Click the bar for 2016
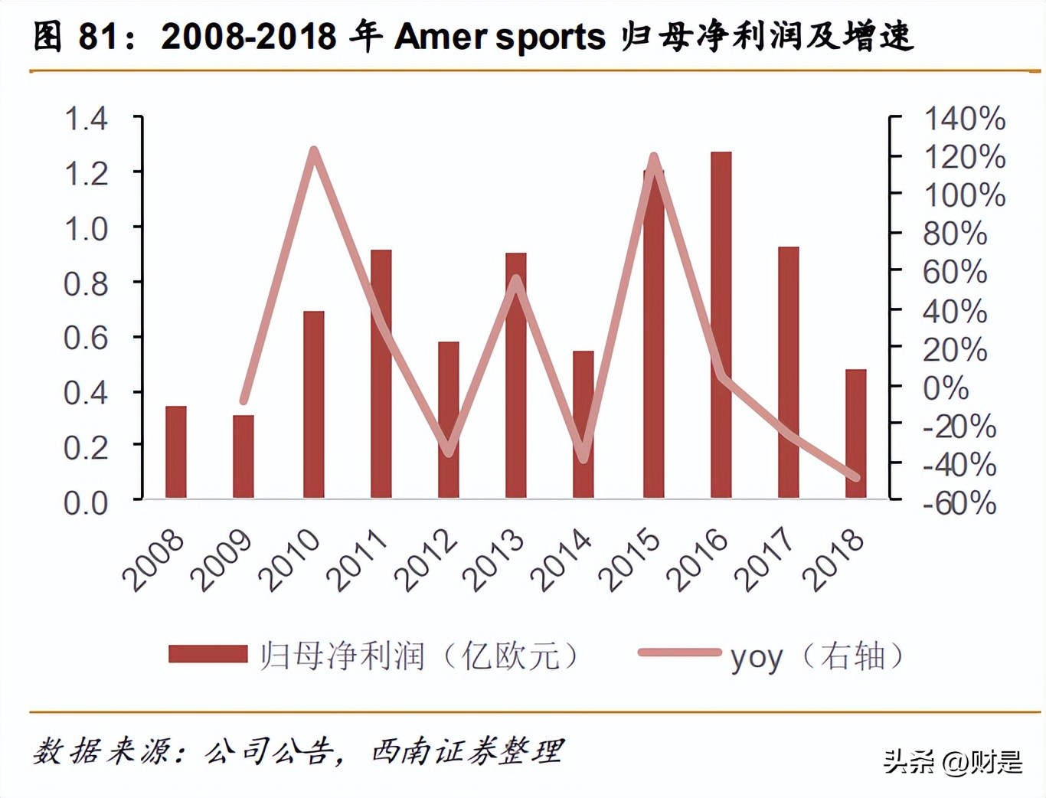[721, 325]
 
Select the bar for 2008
[176, 453]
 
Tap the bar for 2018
[855, 434]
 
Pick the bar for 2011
[381, 374]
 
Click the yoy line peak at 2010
[313, 151]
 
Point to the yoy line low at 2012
[449, 452]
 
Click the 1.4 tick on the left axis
[86, 119]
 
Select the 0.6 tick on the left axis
[86, 338]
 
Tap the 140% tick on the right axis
[964, 119]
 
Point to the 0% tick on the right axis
[946, 388]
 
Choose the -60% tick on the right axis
[959, 503]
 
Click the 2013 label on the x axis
[495, 561]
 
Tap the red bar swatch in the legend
[208, 654]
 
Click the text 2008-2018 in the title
[248, 36]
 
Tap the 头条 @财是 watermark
[953, 760]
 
